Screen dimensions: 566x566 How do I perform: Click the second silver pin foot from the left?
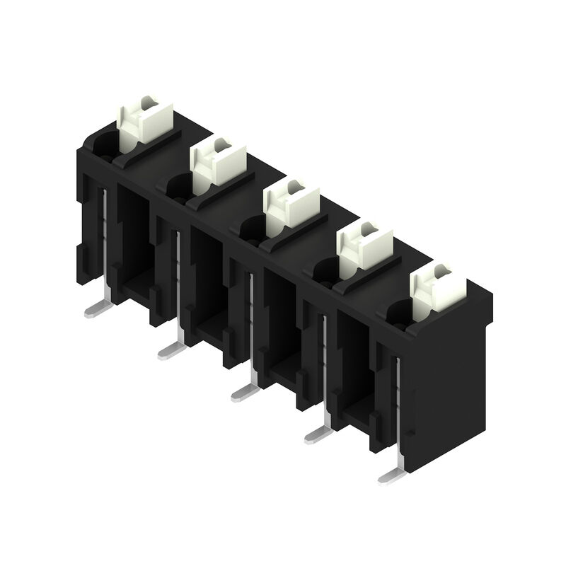[170, 348]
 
